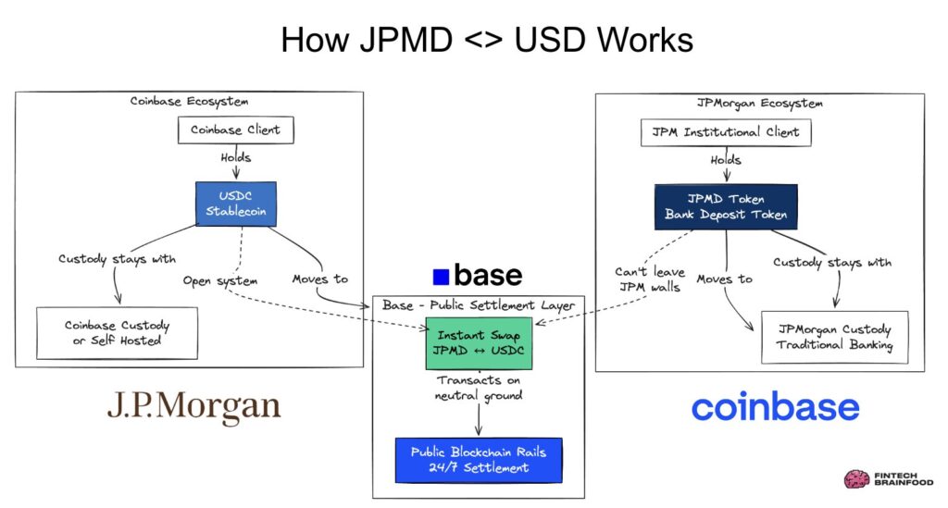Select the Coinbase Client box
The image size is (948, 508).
235,130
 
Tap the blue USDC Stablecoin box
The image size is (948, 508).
235,204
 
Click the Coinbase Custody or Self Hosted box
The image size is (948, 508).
117,333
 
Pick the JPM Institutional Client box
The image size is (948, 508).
726,131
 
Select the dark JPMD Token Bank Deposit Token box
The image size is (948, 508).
726,207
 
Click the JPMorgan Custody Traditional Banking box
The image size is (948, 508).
834,337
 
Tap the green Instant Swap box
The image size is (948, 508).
479,341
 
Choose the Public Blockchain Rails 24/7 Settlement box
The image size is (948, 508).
479,460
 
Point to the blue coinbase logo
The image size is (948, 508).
775,407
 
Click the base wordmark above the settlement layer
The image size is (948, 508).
477,275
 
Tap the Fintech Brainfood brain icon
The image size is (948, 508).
854,478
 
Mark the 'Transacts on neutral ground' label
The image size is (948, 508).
479,388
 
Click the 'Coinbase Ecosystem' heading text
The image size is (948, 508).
189,101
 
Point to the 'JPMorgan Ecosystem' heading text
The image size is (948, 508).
759,103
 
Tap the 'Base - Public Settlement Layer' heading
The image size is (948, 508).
479,305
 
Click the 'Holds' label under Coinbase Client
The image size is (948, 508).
235,157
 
